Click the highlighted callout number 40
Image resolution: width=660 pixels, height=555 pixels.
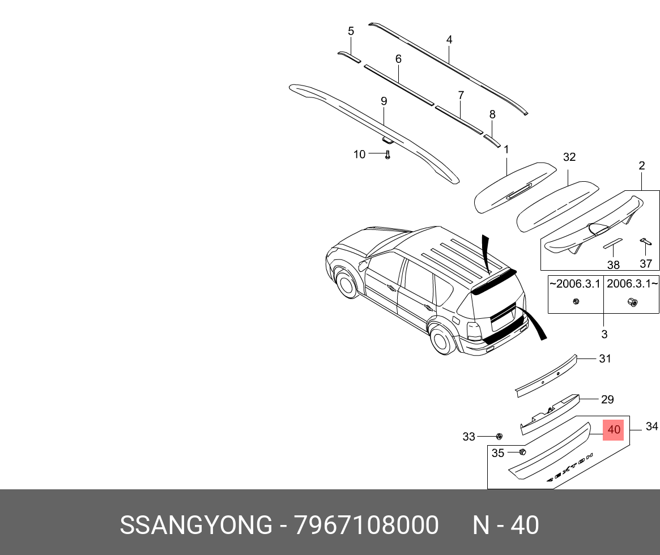tap(614, 430)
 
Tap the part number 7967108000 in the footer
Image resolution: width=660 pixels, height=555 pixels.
tap(366, 526)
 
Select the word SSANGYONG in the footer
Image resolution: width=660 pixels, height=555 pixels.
tap(195, 526)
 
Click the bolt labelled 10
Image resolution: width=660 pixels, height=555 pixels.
tap(388, 155)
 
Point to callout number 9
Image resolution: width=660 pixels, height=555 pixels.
tap(384, 101)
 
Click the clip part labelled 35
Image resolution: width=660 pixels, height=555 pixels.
tap(522, 452)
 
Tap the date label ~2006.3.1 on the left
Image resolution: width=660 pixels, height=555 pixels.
tap(574, 284)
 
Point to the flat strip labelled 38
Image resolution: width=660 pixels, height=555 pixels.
tap(612, 244)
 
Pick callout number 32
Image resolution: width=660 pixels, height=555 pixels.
tap(569, 157)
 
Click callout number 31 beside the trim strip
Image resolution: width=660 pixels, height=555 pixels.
tap(605, 358)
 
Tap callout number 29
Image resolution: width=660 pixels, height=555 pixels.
tap(607, 400)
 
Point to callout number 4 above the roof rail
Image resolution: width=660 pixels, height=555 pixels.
tap(449, 40)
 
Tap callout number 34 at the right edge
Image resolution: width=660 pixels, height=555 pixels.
tap(652, 426)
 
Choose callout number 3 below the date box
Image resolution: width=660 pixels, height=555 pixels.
tap(604, 334)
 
